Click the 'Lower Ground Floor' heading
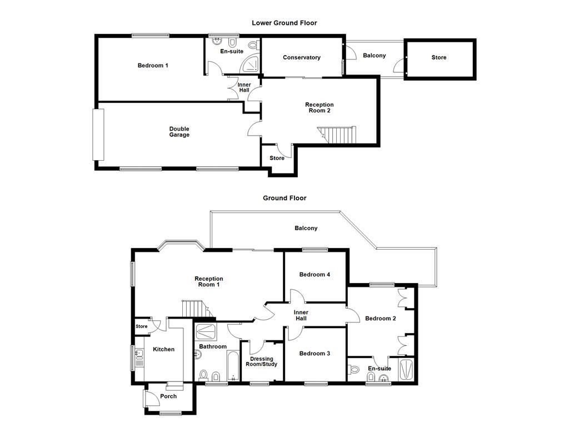pyautogui.click(x=284, y=23)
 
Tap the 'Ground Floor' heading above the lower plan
pyautogui.click(x=284, y=198)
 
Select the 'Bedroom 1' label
pyautogui.click(x=153, y=66)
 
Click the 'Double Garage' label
pyautogui.click(x=179, y=132)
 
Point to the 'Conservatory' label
pyautogui.click(x=301, y=57)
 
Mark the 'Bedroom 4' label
pyautogui.click(x=315, y=274)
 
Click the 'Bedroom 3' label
pyautogui.click(x=315, y=354)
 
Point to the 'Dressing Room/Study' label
pyautogui.click(x=261, y=361)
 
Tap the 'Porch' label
pyautogui.click(x=168, y=396)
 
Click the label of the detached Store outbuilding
pyautogui.click(x=439, y=57)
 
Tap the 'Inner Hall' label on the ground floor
pyautogui.click(x=301, y=315)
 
